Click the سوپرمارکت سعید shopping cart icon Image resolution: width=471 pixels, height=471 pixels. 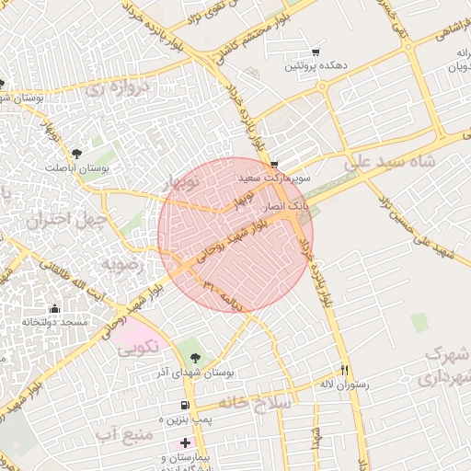coord(273,165)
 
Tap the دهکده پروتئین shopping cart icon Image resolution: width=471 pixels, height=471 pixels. coord(316,52)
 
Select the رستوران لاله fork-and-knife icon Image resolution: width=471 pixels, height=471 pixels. coord(344,370)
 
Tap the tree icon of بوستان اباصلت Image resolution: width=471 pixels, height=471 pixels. coord(75,154)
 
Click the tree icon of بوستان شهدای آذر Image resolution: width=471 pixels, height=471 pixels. coord(193,357)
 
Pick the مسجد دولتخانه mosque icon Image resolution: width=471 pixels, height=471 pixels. coord(54,308)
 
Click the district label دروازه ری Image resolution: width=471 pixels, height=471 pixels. coord(110,90)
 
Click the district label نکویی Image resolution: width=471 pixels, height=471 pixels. coord(138,347)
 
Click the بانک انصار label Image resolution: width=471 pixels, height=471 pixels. coord(281,209)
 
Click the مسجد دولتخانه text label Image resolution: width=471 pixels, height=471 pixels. coord(54,322)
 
